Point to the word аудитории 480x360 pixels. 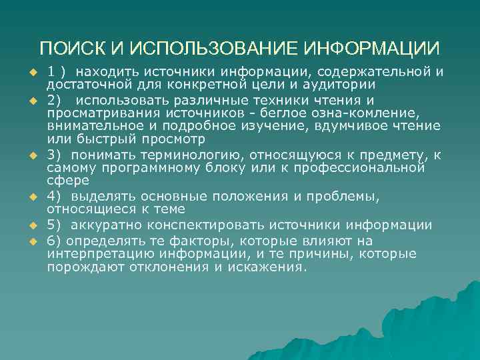click(337, 85)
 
